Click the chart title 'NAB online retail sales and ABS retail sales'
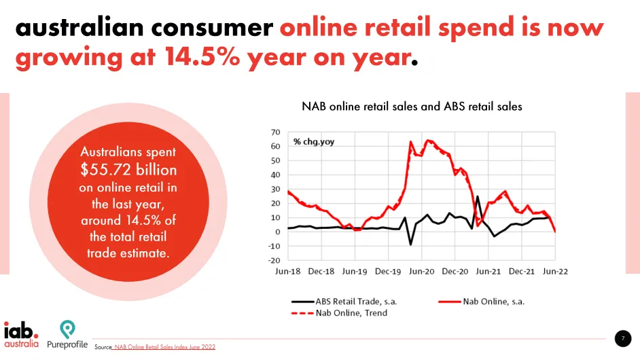coord(412,107)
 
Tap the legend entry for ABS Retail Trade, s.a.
coord(344,302)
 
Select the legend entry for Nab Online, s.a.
coord(481,302)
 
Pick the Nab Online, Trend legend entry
coord(339,313)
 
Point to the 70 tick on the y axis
coord(276,132)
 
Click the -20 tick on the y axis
coord(274,260)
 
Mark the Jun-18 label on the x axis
coord(288,272)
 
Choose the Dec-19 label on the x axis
coord(388,272)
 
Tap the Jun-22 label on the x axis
coord(555,272)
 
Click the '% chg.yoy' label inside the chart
coord(314,142)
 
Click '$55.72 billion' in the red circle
coord(128,169)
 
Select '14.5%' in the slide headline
coord(202,56)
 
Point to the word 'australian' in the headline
coord(80,27)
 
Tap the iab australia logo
coord(22,335)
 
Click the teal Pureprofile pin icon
coord(67,329)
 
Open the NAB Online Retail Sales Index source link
coord(164,347)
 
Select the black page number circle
coord(623,338)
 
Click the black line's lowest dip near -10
coord(410,245)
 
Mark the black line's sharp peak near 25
coord(478,196)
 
